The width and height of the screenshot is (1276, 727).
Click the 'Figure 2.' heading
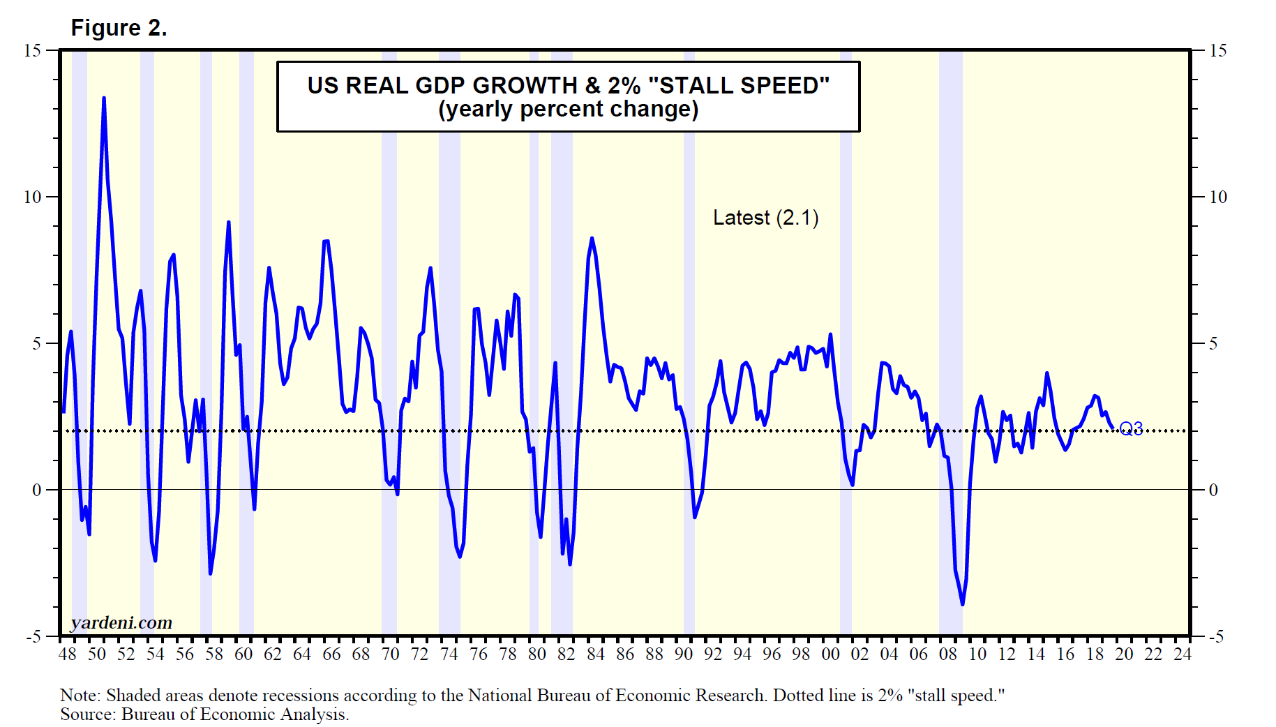(119, 28)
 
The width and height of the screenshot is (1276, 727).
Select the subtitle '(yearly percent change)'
(568, 110)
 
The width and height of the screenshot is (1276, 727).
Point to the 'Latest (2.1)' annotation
(765, 218)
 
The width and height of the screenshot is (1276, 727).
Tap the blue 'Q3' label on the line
(1131, 428)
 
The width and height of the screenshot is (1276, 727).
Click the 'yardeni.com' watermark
(121, 622)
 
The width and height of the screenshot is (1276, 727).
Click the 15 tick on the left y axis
(32, 50)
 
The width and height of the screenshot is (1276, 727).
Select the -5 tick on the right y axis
(1216, 636)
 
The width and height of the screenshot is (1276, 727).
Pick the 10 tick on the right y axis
(1217, 197)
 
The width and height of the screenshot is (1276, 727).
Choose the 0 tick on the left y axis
(36, 490)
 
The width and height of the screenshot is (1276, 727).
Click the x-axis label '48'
(68, 654)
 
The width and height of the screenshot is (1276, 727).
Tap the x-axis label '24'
(1183, 654)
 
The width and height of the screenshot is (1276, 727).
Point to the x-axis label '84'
(596, 654)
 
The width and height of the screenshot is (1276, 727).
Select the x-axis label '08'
(948, 654)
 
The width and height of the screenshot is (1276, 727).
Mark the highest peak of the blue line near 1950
(104, 98)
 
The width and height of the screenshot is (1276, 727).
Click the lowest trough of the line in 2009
(963, 604)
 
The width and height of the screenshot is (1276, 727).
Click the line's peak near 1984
(592, 239)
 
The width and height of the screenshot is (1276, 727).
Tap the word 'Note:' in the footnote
(80, 696)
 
